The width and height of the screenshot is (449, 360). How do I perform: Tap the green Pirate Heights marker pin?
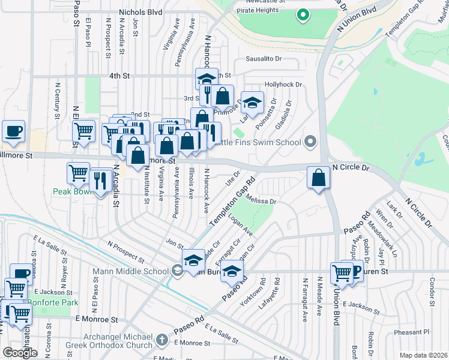point(303,14)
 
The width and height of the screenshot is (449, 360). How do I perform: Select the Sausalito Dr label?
point(264,59)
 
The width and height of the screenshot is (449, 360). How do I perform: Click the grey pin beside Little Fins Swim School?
point(310,142)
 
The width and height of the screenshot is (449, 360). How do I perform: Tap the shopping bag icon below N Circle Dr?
point(318,178)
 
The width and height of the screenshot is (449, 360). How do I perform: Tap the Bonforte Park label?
point(55,303)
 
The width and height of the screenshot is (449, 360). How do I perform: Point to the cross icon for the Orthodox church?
point(161,340)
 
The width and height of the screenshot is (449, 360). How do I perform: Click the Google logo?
point(20,353)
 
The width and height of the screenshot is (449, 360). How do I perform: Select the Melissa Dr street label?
point(260,202)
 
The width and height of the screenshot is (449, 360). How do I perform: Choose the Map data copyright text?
point(423,355)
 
